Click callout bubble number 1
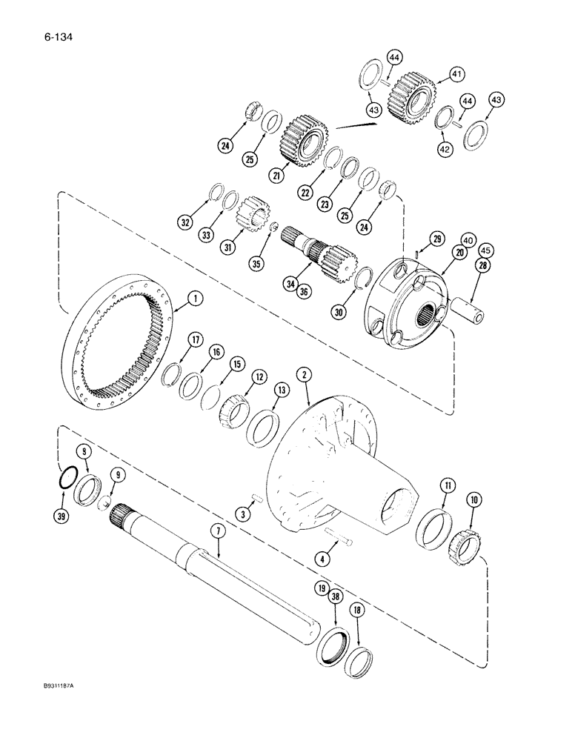click(195, 299)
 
